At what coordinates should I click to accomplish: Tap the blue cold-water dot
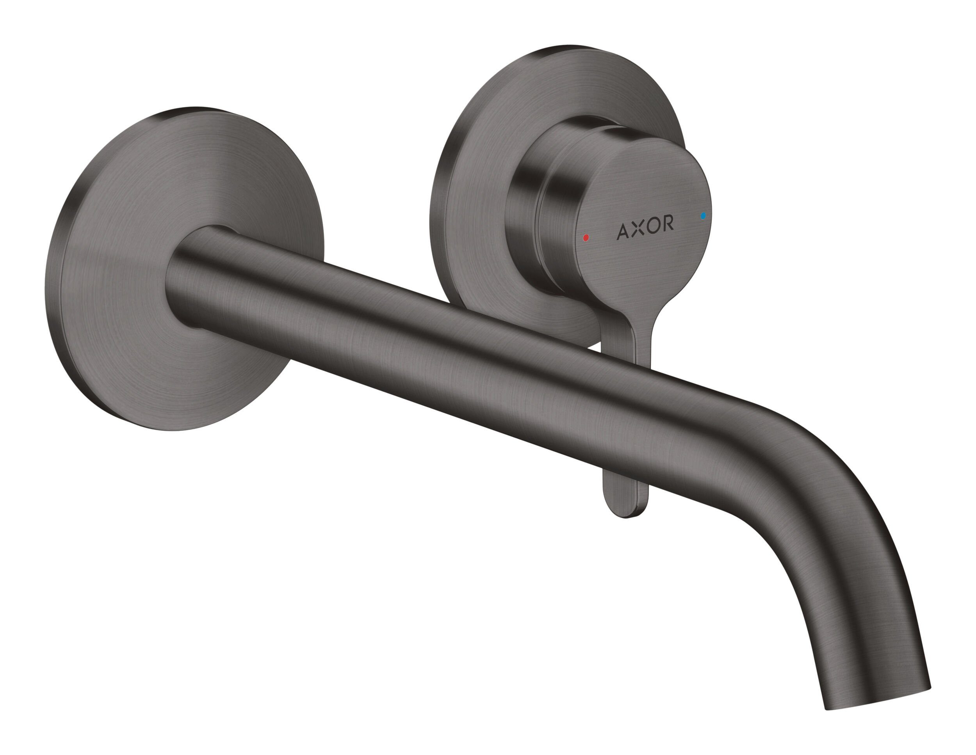(704, 216)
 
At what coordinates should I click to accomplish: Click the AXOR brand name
(645, 227)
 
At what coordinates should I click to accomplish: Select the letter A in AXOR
(623, 231)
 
